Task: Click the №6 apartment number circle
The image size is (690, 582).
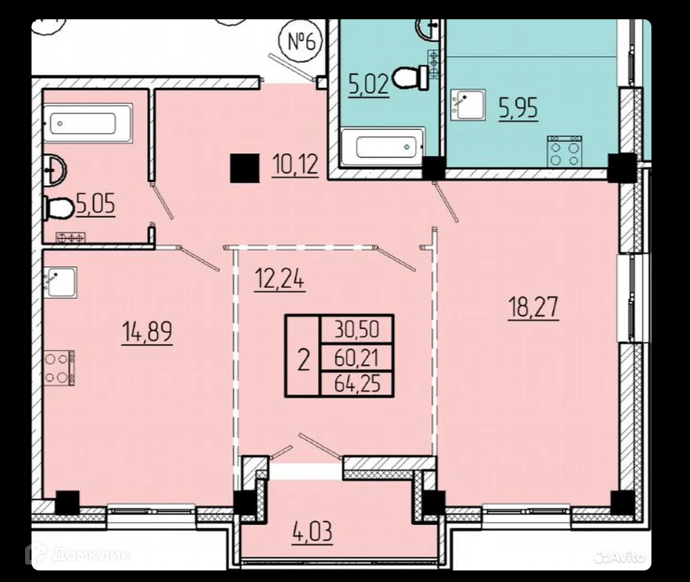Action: point(301,41)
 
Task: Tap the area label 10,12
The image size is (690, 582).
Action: point(295,165)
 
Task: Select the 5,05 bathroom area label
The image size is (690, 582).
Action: point(95,205)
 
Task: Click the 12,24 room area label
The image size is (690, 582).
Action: point(280,278)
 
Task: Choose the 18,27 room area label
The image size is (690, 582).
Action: point(533,307)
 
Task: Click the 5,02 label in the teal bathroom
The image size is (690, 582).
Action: point(368,84)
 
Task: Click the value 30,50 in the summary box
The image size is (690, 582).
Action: point(357,329)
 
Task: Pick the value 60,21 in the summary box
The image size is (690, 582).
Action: point(356,358)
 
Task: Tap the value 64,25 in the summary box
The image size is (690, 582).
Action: point(357,383)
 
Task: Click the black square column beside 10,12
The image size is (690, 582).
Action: point(244,168)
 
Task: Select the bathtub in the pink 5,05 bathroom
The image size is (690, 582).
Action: point(87,123)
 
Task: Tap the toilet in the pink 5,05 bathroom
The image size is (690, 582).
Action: point(59,207)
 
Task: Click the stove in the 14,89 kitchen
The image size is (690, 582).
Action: point(59,368)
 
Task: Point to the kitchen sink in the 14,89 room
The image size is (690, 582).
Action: point(60,282)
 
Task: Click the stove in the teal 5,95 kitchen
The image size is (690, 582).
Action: point(564,151)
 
